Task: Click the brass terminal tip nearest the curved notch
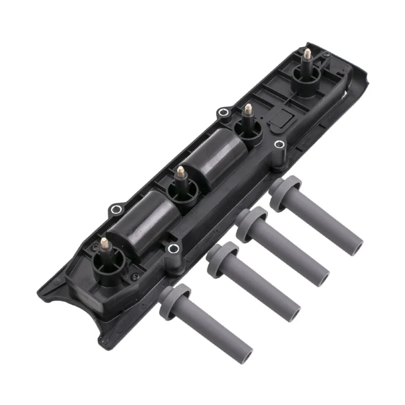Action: click(x=104, y=242)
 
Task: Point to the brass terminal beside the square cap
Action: click(x=248, y=109)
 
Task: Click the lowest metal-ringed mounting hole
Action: click(x=173, y=248)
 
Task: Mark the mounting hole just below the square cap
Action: click(x=278, y=145)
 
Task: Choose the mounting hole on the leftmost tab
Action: click(x=115, y=209)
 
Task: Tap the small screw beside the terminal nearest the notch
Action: click(x=132, y=276)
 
